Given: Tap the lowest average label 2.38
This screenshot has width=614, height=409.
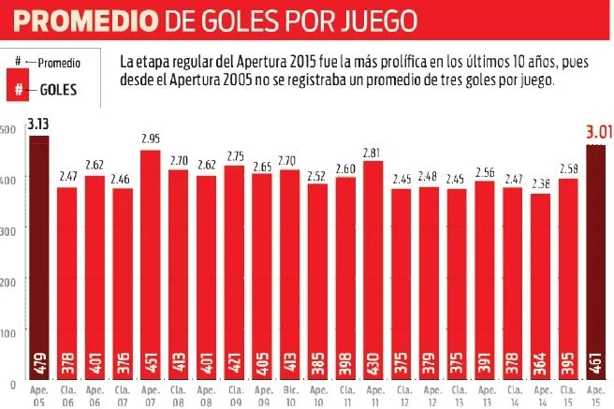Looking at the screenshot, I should (x=541, y=183).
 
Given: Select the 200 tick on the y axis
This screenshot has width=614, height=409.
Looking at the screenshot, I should (x=8, y=282).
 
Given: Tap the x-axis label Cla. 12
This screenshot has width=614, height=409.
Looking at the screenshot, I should (x=402, y=392).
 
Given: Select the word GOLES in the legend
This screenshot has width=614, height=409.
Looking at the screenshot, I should (x=58, y=90).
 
